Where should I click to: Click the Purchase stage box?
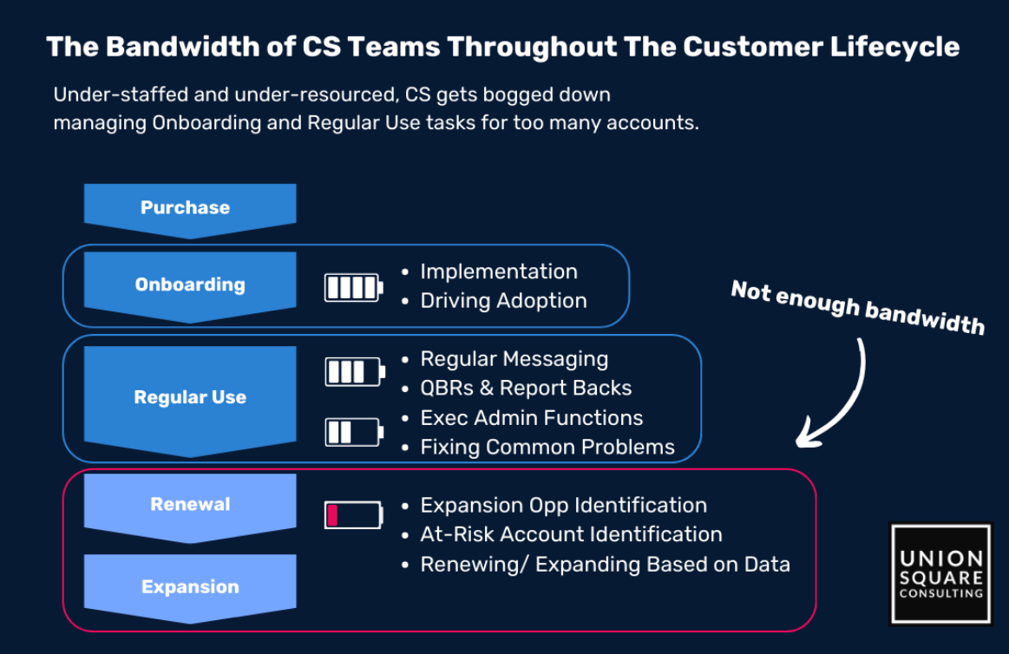click(189, 208)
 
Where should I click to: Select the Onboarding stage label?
click(189, 284)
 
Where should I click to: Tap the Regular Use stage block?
click(189, 397)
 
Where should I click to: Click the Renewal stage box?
click(189, 504)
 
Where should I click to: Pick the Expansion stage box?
click(189, 587)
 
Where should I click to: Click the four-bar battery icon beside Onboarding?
click(353, 287)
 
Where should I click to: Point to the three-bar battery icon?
click(354, 372)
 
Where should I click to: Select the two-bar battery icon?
click(353, 431)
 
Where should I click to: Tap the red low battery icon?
click(353, 514)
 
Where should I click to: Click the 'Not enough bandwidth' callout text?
click(857, 307)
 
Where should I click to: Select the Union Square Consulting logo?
click(940, 572)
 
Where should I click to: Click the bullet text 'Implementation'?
click(498, 271)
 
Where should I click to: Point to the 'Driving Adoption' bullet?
click(503, 301)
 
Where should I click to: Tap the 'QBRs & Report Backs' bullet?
click(526, 388)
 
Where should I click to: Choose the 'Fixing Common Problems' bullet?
click(547, 447)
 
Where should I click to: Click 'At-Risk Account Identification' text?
click(571, 534)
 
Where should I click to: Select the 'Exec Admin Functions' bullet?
click(531, 417)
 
